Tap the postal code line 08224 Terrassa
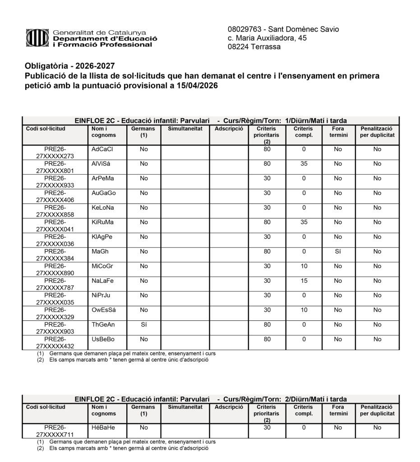point(254,46)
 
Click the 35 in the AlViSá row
point(304,164)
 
